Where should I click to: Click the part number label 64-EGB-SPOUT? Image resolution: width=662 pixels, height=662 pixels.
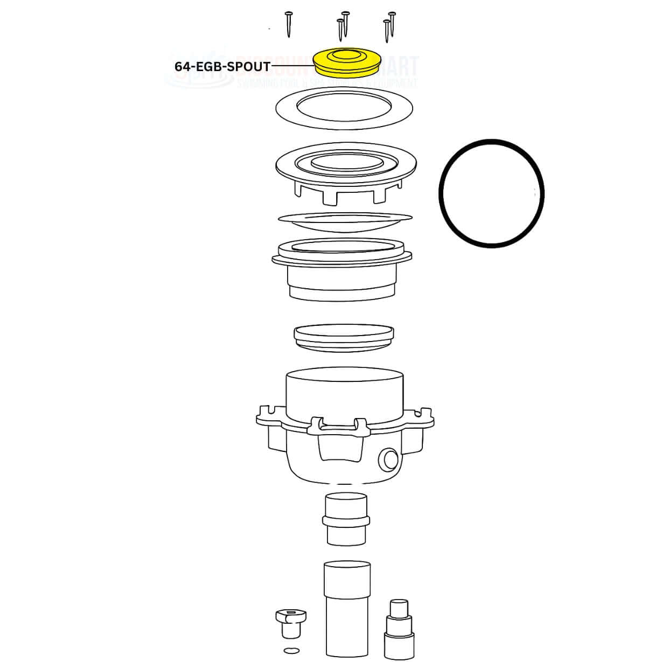pos(222,66)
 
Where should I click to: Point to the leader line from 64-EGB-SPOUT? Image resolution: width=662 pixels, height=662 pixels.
pos(292,66)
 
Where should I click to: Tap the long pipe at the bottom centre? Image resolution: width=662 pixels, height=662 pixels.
pos(347,609)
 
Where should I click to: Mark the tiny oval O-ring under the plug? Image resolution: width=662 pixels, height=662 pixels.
pos(291,651)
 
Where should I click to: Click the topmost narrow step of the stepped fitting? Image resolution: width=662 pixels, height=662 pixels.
pos(399,607)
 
